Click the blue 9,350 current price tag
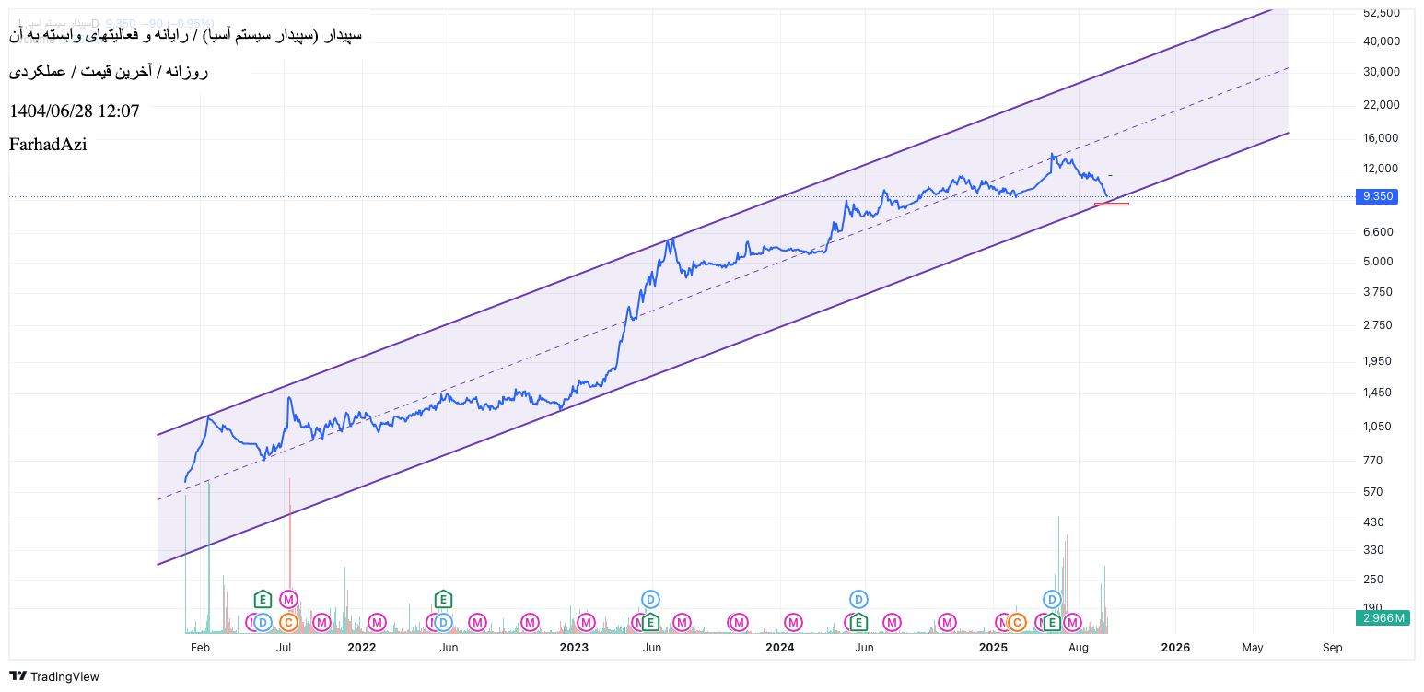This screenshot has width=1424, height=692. tap(1377, 196)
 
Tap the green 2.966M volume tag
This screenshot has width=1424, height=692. tap(1383, 617)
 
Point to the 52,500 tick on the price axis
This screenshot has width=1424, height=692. tap(1381, 12)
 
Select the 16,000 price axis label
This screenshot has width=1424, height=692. tap(1381, 138)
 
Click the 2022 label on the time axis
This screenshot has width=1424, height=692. tap(361, 648)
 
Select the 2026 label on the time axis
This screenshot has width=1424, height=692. tap(1175, 648)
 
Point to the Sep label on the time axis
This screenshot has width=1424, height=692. tap(1332, 648)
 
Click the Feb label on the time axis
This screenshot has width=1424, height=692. tap(200, 648)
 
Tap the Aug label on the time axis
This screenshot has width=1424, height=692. tap(1079, 648)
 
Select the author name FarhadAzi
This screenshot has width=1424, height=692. tap(48, 145)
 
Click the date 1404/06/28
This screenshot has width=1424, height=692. tap(52, 111)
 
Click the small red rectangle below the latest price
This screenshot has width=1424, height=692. tap(1112, 204)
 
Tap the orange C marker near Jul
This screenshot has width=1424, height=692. tap(288, 623)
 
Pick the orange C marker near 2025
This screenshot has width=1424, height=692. tap(1017, 623)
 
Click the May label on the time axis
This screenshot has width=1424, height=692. tap(1252, 648)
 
